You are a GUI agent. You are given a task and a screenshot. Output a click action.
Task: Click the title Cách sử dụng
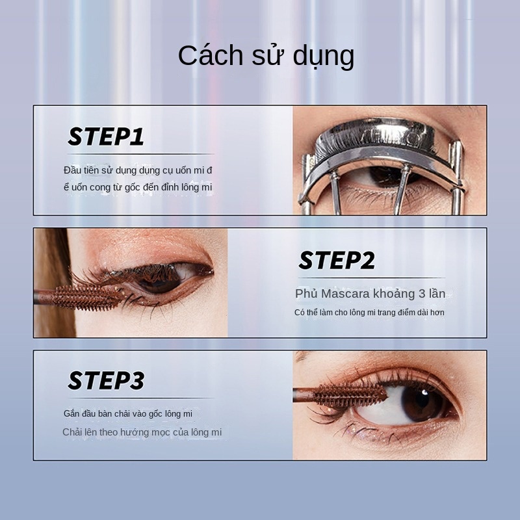(x=266, y=57)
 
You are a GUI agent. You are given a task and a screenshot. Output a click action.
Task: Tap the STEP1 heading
(x=106, y=136)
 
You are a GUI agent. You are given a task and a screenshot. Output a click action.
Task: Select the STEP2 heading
(x=337, y=261)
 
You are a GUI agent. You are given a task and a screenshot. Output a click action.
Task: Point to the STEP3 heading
(x=106, y=380)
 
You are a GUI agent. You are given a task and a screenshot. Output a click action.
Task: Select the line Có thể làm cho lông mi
(x=369, y=313)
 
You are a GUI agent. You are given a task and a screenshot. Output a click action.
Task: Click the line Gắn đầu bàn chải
(x=128, y=413)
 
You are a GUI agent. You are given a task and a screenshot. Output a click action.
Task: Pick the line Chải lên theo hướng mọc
(x=142, y=432)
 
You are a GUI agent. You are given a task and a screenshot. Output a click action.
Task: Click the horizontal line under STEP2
(x=370, y=278)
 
